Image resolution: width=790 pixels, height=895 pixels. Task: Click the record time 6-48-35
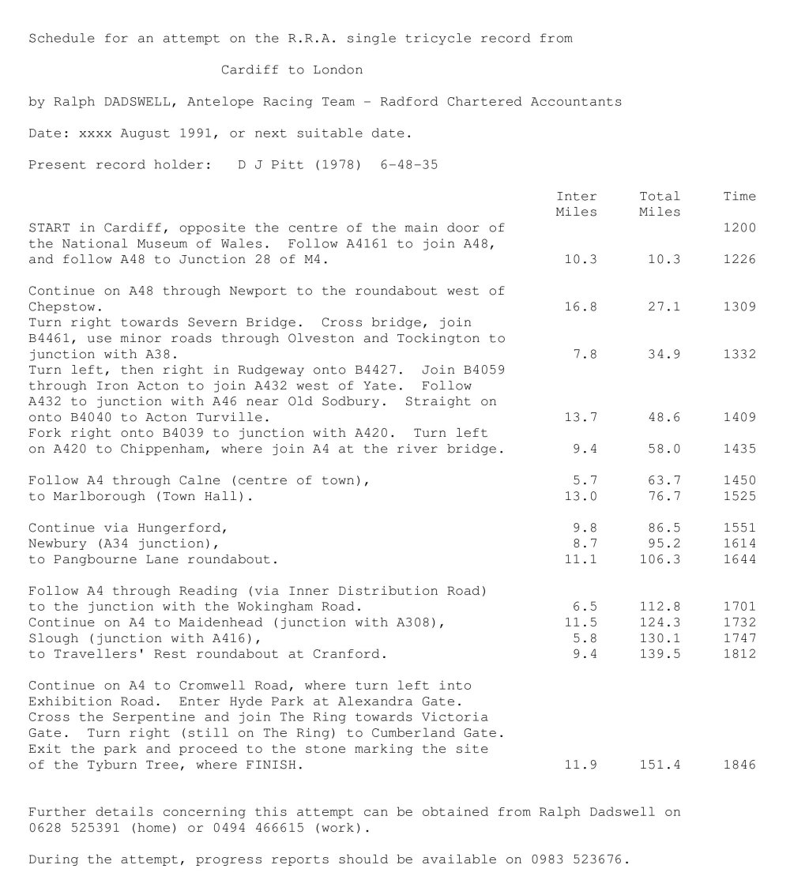point(409,165)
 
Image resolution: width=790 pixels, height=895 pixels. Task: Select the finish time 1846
point(739,765)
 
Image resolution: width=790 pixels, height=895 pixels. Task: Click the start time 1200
point(739,228)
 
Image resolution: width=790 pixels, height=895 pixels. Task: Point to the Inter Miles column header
point(577,204)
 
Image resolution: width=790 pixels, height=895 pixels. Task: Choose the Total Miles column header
point(660,204)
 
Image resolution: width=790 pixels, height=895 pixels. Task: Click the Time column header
point(739,197)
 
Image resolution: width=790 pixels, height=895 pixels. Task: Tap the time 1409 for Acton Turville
point(739,417)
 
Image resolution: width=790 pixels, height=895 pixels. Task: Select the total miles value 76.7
point(664,496)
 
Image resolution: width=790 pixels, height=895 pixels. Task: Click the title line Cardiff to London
point(292,70)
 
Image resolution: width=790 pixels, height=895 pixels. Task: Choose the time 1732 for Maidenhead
point(739,622)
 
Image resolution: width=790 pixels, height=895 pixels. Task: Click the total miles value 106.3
point(660,559)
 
